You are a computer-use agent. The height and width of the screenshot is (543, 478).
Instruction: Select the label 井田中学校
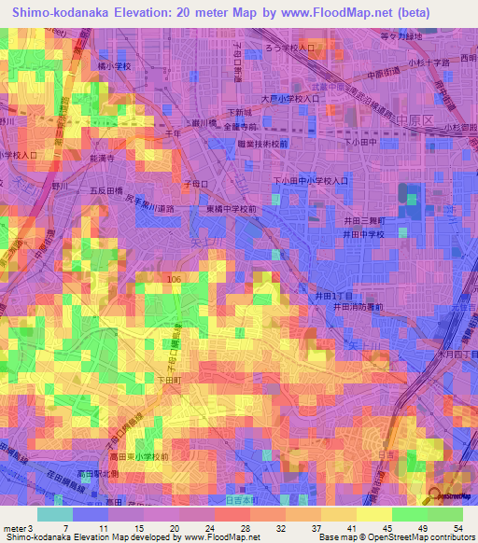click(365, 234)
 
